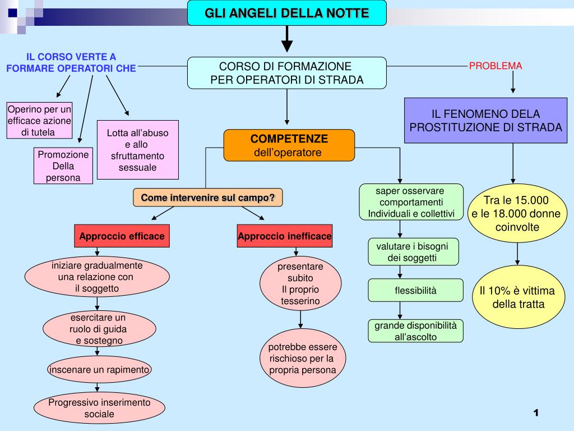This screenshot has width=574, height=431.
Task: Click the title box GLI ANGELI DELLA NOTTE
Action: click(286, 12)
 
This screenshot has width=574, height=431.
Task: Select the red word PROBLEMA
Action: click(496, 66)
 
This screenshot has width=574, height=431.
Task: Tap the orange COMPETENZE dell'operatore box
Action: click(289, 145)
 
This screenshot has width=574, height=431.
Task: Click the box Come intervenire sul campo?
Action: click(208, 198)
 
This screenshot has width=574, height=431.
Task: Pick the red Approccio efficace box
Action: click(122, 236)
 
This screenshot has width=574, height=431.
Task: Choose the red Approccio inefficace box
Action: click(285, 236)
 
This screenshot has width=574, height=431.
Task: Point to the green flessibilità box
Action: click(415, 290)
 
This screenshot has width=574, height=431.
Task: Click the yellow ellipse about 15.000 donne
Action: click(517, 214)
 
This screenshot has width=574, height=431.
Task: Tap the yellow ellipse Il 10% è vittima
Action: click(517, 297)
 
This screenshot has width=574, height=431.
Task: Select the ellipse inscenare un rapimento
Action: click(99, 370)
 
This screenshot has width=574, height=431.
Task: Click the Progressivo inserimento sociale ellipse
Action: click(99, 408)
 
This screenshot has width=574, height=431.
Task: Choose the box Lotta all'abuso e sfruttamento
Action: click(137, 150)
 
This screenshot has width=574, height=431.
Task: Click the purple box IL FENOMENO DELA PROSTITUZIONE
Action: click(485, 121)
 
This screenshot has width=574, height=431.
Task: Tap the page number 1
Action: click(536, 413)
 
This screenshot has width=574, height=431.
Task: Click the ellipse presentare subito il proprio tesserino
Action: click(300, 284)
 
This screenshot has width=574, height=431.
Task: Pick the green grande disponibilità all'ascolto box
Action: click(415, 331)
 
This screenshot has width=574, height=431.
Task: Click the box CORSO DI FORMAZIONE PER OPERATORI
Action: click(287, 73)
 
